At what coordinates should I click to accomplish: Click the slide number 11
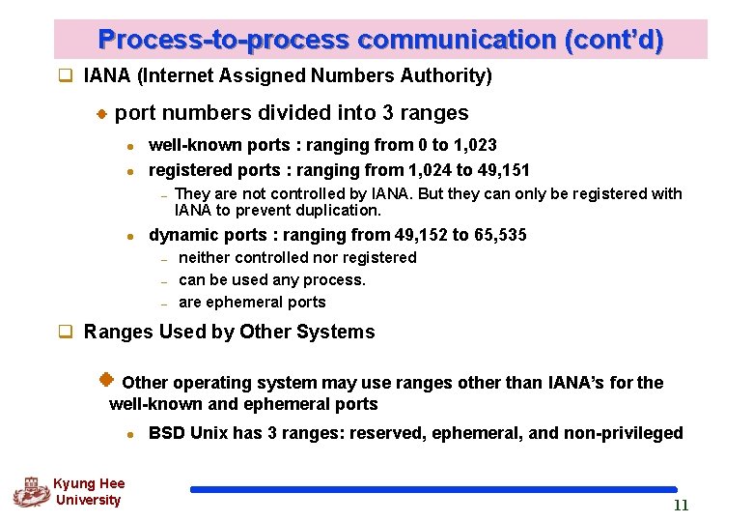[x=681, y=506]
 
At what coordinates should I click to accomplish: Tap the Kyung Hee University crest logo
[x=30, y=491]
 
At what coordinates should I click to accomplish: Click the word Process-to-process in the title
[x=224, y=41]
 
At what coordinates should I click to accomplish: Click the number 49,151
[x=504, y=170]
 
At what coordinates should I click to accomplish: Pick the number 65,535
[x=500, y=235]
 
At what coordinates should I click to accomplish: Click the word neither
[x=206, y=257]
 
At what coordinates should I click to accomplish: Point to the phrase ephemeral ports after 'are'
[x=266, y=302]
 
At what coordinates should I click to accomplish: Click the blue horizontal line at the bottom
[x=433, y=490]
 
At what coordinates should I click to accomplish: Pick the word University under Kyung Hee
[x=88, y=500]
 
